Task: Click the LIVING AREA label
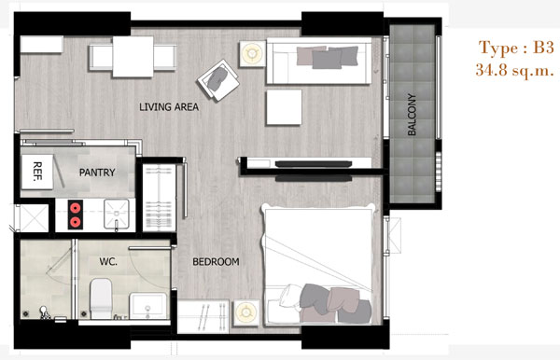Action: (169, 106)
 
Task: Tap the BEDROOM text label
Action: (216, 262)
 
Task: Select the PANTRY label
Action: (97, 173)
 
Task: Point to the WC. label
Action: (108, 262)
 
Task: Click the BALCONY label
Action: (412, 115)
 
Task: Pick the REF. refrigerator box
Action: (37, 172)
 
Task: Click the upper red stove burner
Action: (75, 208)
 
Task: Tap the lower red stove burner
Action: (75, 222)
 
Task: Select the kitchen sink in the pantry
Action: (117, 214)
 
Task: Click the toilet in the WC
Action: (101, 298)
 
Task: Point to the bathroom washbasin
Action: (147, 306)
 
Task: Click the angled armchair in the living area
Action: (218, 80)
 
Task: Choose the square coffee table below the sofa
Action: (284, 107)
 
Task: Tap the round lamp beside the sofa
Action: (252, 53)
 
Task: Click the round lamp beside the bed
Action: (246, 313)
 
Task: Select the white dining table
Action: (133, 57)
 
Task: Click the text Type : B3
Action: (516, 48)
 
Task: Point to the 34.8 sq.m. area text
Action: (514, 70)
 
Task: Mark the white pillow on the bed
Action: (290, 296)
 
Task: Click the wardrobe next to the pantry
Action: (160, 198)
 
